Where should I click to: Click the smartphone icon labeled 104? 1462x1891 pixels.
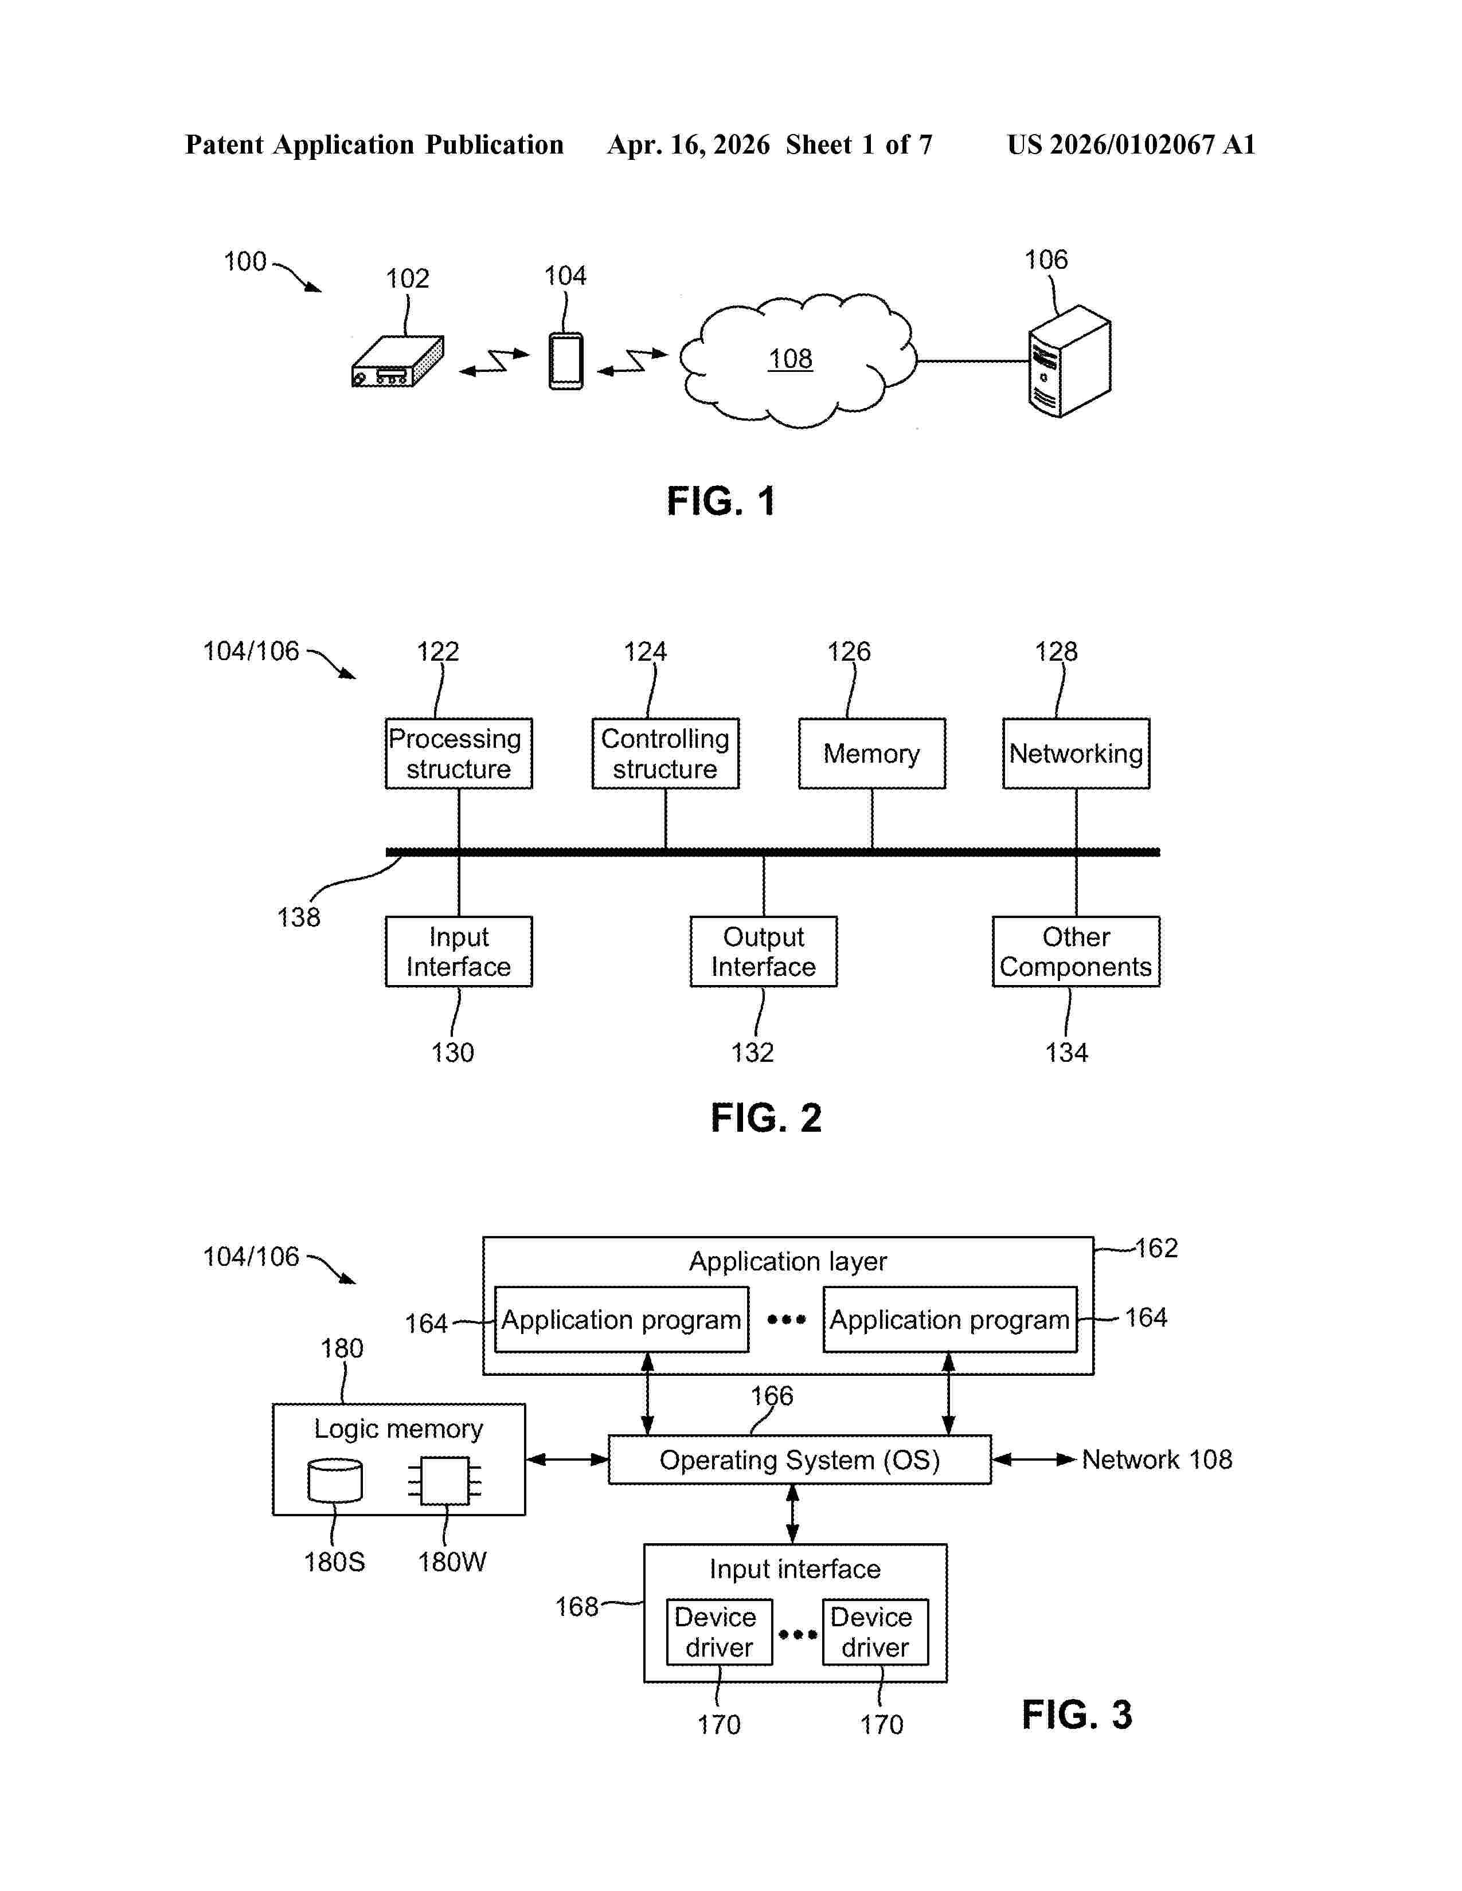pos(565,361)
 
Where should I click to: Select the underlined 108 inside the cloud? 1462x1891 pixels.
pos(790,359)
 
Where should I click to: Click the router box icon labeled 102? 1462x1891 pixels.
pos(397,361)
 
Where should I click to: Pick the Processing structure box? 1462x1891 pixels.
pos(458,754)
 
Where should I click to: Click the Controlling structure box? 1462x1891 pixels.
pos(665,754)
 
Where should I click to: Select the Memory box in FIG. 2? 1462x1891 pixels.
pos(871,754)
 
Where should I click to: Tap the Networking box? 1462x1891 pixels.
pos(1076,754)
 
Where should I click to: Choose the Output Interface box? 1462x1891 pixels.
pos(763,952)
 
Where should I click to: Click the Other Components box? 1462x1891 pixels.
pos(1076,952)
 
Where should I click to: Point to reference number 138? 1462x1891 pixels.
pos(299,917)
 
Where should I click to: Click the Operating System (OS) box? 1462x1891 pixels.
pos(799,1460)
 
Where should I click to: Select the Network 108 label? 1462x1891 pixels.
pos(1157,1460)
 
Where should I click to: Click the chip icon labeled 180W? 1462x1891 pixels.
pos(444,1481)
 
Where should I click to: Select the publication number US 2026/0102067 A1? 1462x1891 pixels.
pos(1131,144)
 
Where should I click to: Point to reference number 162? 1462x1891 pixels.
pos(1156,1247)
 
